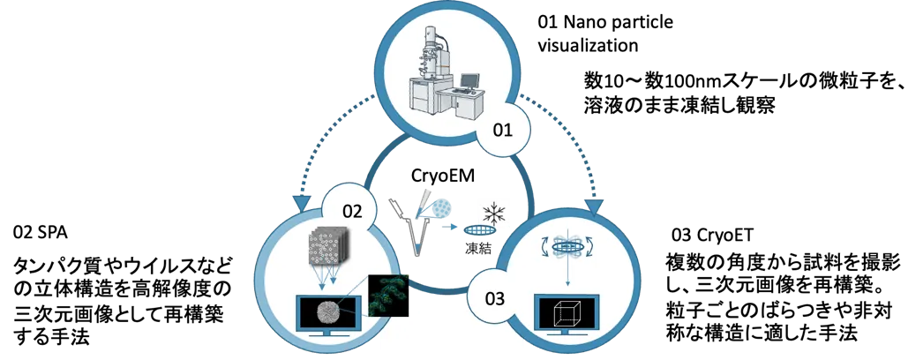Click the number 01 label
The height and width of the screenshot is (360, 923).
click(502, 131)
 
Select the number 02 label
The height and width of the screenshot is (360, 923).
click(352, 212)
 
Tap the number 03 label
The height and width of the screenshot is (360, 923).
click(495, 298)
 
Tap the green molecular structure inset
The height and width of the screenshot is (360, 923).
click(390, 292)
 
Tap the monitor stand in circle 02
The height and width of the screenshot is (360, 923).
click(327, 335)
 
